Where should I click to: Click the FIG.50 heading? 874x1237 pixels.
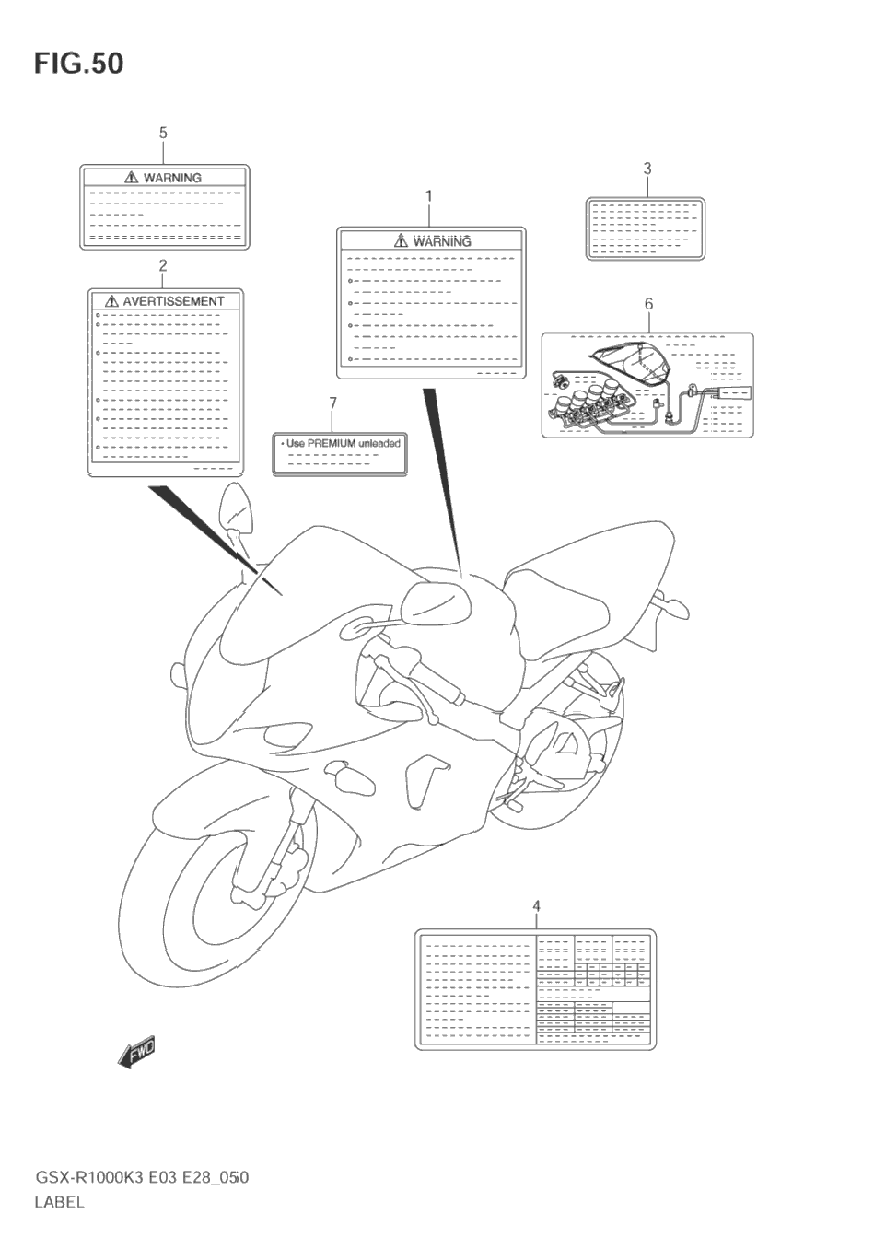78,64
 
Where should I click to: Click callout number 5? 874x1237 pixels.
163,133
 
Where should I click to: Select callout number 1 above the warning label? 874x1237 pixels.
428,195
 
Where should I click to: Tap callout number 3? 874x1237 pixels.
647,168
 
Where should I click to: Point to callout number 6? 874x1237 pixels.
648,303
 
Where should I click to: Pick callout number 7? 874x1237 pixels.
332,403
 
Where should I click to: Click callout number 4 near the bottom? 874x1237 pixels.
536,907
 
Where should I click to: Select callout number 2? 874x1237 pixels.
163,265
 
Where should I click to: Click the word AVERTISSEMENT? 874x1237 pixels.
173,301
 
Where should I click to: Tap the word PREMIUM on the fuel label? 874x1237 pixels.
331,443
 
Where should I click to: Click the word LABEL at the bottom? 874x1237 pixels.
59,1202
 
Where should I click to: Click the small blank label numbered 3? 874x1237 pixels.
646,228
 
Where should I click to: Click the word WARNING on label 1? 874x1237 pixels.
442,241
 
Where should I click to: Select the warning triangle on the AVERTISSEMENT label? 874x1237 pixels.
111,301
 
